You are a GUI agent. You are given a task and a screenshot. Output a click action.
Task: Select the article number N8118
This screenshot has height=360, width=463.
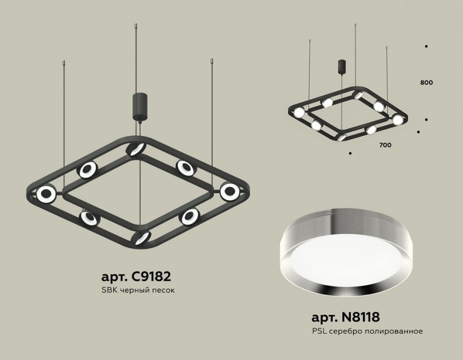(x=345, y=318)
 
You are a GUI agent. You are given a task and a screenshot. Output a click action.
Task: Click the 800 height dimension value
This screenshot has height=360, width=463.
(x=426, y=83)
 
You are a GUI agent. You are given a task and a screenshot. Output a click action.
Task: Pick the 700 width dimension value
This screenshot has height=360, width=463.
(x=385, y=144)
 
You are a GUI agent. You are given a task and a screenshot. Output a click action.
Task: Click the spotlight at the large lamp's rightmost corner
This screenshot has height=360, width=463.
(x=229, y=191)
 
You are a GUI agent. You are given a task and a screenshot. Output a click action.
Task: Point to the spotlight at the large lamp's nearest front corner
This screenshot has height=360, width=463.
(x=141, y=236)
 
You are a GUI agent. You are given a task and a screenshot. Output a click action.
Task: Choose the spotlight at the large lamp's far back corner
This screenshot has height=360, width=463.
(x=136, y=149)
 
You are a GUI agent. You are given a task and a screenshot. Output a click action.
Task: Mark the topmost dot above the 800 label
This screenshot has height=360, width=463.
(x=426, y=46)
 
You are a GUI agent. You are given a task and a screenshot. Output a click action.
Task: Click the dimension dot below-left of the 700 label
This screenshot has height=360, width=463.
(x=350, y=154)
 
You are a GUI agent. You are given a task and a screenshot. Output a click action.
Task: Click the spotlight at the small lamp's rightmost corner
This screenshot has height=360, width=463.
(x=398, y=120)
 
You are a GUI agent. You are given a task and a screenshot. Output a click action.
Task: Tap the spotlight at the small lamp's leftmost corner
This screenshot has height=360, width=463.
(x=299, y=112)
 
